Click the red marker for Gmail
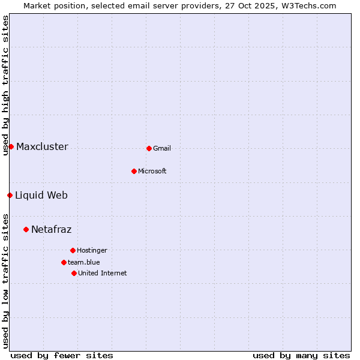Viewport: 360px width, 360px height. click(149, 148)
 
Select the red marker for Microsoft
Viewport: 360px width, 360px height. click(134, 171)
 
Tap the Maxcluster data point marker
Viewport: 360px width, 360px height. click(11, 146)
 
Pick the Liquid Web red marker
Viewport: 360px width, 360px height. click(10, 195)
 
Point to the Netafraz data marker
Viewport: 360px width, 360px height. click(26, 229)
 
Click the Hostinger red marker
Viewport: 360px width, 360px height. click(73, 250)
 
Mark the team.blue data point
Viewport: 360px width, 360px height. click(64, 262)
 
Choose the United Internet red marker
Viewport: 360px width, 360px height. click(74, 273)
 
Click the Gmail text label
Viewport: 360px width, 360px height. click(162, 148)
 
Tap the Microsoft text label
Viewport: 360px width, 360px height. click(152, 171)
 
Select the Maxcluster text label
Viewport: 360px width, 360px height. click(42, 146)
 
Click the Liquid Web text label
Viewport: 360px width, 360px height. click(41, 195)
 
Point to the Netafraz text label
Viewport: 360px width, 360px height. click(52, 229)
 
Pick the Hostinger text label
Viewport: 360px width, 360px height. click(92, 250)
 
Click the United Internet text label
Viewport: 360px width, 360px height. click(103, 273)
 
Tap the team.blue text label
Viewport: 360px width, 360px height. click(84, 262)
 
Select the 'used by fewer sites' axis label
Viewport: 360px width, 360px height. click(62, 355)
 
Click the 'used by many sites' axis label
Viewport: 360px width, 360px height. click(301, 355)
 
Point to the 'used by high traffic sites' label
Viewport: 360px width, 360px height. click(5, 85)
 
